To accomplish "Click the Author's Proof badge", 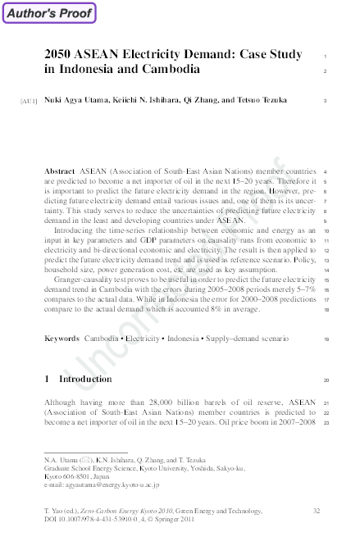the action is [x=48, y=13].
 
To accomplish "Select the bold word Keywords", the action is [x=62, y=338].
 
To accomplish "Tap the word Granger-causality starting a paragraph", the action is [x=89, y=280].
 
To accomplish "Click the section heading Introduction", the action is [x=85, y=380].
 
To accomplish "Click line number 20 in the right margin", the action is [x=326, y=380].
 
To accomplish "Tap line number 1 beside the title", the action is [x=326, y=55].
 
